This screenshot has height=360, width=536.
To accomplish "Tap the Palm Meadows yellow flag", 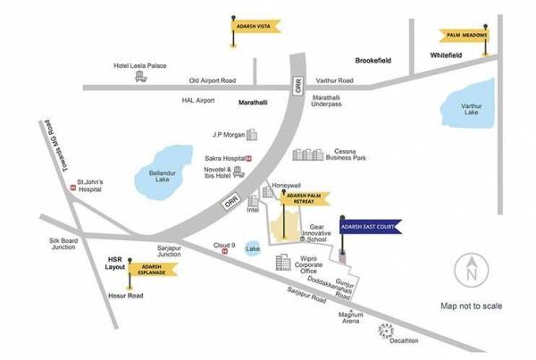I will pos(465,36).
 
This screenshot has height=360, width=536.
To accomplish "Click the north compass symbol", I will pos(470,268).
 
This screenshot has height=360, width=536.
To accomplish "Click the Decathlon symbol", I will pos(385,330).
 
